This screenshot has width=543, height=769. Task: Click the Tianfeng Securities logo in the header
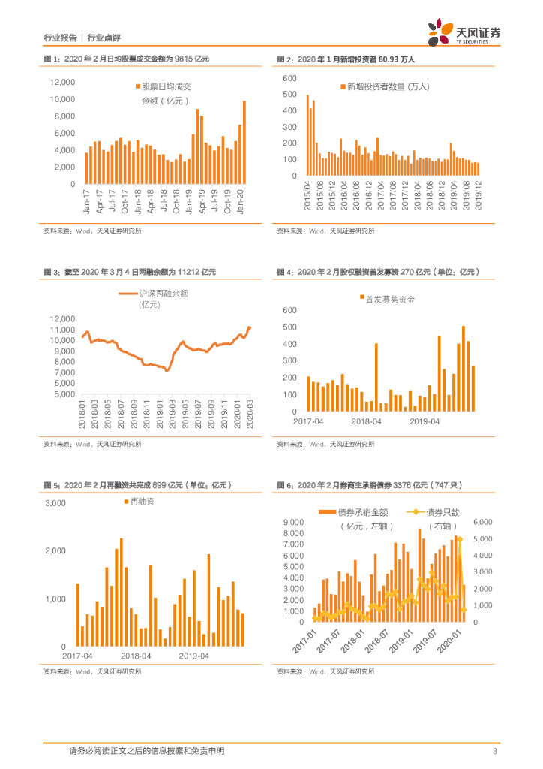tap(465, 32)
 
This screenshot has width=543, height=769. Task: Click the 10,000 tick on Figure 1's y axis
tap(63, 99)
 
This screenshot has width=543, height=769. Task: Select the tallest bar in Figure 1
tap(244, 143)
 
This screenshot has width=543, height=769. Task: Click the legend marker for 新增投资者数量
tap(342, 87)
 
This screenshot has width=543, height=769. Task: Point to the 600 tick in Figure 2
tap(290, 79)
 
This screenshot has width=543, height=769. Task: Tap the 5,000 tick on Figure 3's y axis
tap(64, 394)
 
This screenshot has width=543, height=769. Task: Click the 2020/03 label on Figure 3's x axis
tap(250, 414)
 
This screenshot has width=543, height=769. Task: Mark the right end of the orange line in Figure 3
tap(250, 327)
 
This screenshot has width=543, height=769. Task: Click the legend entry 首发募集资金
tap(386, 299)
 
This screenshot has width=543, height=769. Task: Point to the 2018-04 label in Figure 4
tap(366, 422)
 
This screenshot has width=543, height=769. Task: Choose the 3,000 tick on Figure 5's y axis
tap(57, 503)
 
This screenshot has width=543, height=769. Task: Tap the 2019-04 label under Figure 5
tap(194, 656)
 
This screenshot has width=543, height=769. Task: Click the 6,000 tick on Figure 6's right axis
tap(481, 522)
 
